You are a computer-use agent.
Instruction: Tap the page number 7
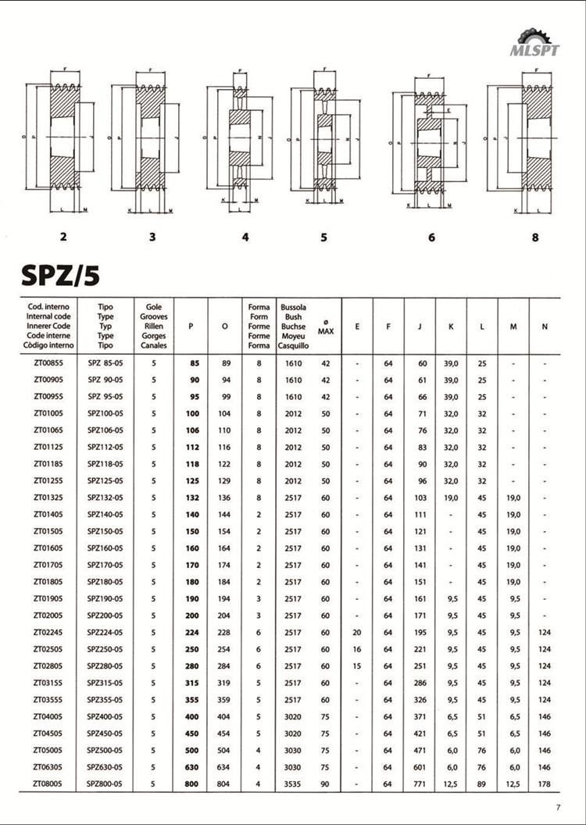coord(558,808)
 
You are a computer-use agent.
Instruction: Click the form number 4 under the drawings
coord(245,237)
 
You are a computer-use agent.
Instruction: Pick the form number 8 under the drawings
coord(535,237)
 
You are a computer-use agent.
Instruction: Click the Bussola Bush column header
coord(293,326)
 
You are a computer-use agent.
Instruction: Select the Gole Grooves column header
coord(154,326)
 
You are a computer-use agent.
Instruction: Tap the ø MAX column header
coord(326,327)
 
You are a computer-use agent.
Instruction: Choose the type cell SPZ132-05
coord(105,498)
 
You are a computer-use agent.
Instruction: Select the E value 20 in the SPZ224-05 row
coord(357,633)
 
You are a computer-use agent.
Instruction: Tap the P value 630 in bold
coord(193,767)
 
